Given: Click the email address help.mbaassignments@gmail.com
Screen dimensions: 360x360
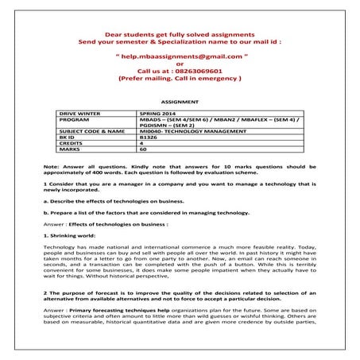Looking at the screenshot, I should (x=180, y=57).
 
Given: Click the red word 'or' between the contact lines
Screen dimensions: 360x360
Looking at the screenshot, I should (x=180, y=64).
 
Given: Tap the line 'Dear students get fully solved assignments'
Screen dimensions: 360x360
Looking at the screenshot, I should (x=180, y=36).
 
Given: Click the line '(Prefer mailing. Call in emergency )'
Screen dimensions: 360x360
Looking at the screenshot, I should (x=180, y=80).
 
